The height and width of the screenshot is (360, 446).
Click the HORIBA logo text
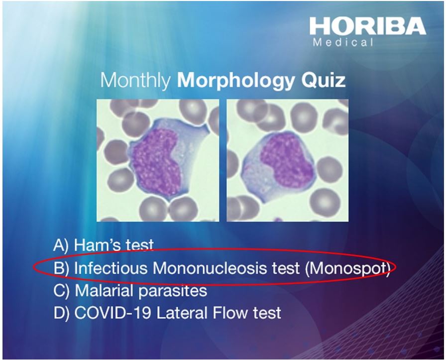coord(367,26)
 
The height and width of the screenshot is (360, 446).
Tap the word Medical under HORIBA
coord(343,42)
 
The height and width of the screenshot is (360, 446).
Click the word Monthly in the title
coord(135,80)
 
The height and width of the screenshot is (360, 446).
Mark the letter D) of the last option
coord(62,313)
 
